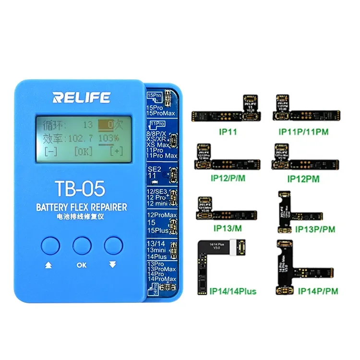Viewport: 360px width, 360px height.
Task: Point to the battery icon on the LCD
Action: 104,126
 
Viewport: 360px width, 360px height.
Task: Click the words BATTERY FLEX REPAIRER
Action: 82,207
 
